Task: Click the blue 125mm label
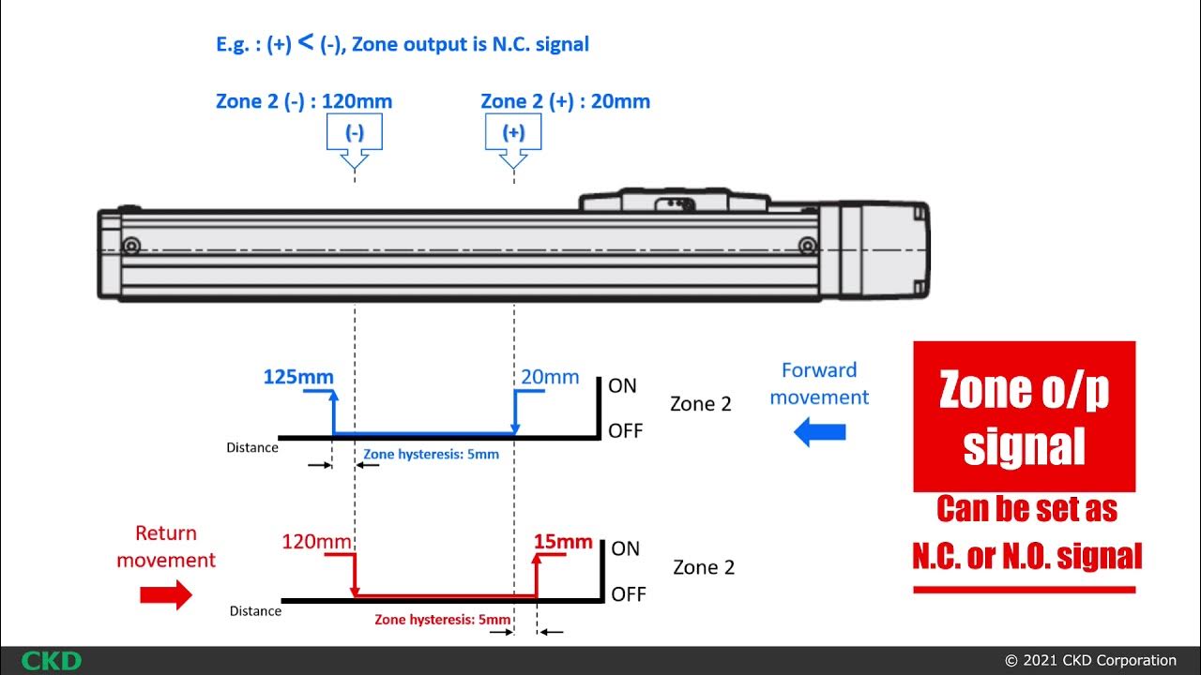click(297, 377)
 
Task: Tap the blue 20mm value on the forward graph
click(550, 377)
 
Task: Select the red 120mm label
click(316, 542)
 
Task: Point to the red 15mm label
click(563, 542)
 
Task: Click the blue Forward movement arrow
click(819, 432)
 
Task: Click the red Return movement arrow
click(165, 595)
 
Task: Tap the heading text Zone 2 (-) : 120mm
click(304, 101)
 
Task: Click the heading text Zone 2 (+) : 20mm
click(565, 101)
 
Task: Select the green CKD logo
click(51, 660)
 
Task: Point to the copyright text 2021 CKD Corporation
click(1090, 660)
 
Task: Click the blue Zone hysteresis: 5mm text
click(431, 455)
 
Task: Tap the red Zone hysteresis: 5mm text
click(443, 620)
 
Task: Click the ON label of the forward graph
click(622, 385)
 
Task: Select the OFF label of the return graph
click(628, 594)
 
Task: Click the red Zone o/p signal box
click(1024, 416)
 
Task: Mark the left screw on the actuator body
click(131, 246)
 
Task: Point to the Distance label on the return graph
click(255, 611)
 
